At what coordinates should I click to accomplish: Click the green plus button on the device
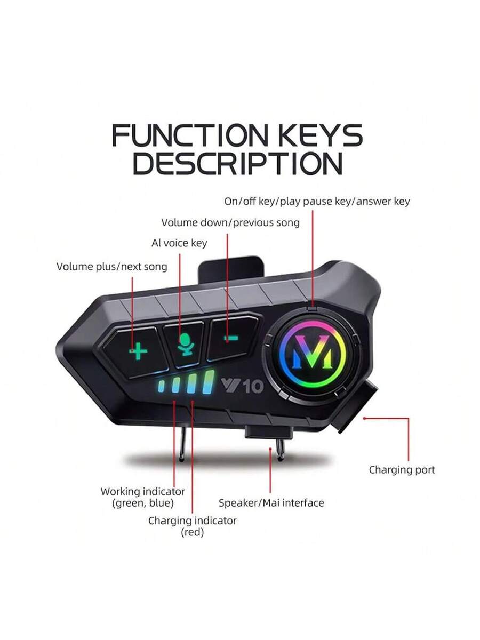click(x=138, y=351)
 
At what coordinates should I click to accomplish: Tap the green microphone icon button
click(x=186, y=345)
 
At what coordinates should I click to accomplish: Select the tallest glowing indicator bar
click(x=209, y=382)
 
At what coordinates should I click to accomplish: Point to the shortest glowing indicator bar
click(x=161, y=386)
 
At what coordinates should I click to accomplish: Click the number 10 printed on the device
click(x=253, y=387)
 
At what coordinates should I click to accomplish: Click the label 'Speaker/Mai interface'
click(x=271, y=503)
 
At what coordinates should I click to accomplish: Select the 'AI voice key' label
click(x=179, y=243)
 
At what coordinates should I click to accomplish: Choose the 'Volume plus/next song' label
click(x=112, y=267)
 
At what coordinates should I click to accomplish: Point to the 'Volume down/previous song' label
click(x=230, y=222)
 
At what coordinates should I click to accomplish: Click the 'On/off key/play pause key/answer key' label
click(x=317, y=201)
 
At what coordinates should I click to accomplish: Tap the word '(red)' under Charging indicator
click(x=193, y=532)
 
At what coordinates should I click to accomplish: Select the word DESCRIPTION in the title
click(x=237, y=163)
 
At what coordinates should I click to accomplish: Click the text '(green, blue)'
click(x=143, y=503)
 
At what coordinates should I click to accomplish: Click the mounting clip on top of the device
click(x=230, y=269)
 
